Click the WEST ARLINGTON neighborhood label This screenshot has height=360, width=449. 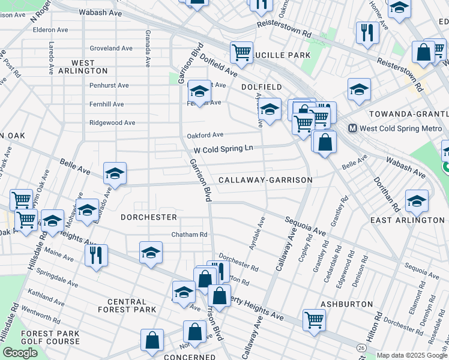[x=83, y=67]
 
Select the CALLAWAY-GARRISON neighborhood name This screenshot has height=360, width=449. [x=265, y=180]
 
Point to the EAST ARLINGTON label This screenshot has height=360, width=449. [x=408, y=220]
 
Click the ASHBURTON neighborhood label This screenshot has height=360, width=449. [x=343, y=304]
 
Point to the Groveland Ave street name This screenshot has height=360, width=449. [x=111, y=49]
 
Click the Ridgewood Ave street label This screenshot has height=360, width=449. [x=112, y=122]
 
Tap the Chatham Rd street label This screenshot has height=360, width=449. [x=189, y=235]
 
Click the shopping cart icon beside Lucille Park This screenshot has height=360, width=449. [x=241, y=52]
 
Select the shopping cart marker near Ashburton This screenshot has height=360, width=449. [x=314, y=320]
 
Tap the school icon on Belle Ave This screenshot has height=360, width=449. [x=115, y=174]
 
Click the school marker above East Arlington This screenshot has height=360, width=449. [x=417, y=202]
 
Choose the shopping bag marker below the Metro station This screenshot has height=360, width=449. [x=325, y=143]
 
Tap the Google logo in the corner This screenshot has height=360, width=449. [x=20, y=353]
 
